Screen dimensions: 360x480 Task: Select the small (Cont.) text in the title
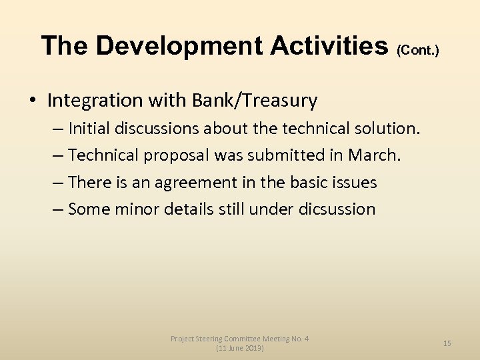(x=417, y=50)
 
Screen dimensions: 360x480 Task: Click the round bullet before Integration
(x=33, y=101)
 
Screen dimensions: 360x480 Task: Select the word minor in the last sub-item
(x=136, y=209)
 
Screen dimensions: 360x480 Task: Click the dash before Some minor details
(x=58, y=209)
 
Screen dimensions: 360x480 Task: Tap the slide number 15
(x=447, y=343)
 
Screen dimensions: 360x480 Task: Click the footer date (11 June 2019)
(x=240, y=349)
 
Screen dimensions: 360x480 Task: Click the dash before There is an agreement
(x=58, y=182)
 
